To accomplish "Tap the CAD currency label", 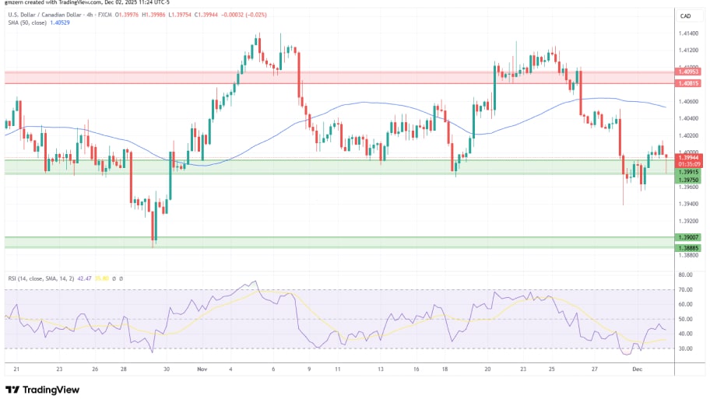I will coord(686,16).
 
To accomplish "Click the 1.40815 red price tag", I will coord(689,83).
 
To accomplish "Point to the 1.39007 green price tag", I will coord(689,237).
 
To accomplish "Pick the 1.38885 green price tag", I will coord(689,247).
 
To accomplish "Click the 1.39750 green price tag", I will coord(689,180).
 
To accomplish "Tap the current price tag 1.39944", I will coord(689,157).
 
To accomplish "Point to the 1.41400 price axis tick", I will coord(689,33).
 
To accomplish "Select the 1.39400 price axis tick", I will coord(689,204).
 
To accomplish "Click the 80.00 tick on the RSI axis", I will coord(686,275).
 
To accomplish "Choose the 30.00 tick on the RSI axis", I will coord(686,348).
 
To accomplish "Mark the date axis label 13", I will coord(379,370).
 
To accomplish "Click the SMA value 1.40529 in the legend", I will coord(58,24).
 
